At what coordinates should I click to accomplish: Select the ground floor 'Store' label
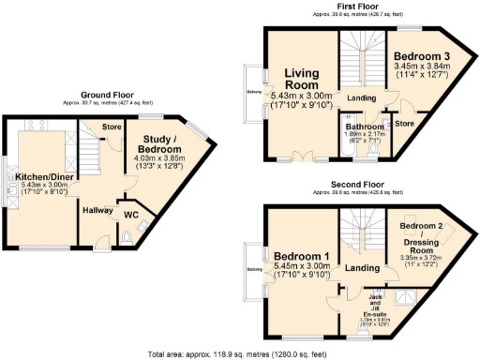point(112,127)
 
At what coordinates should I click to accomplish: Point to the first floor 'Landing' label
point(361,97)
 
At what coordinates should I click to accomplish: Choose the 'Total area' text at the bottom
point(239,353)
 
